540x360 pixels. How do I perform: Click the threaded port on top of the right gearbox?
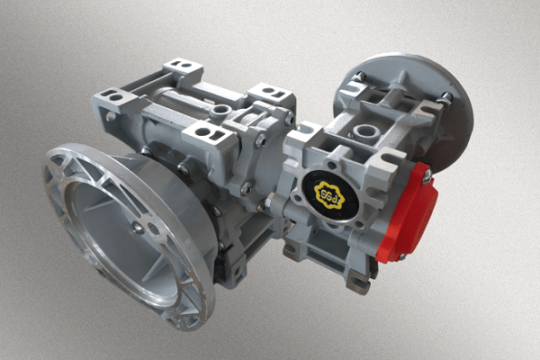click(x=364, y=132)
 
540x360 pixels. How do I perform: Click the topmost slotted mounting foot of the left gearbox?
click(x=181, y=66)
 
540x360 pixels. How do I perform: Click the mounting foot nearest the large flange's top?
click(x=202, y=138)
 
